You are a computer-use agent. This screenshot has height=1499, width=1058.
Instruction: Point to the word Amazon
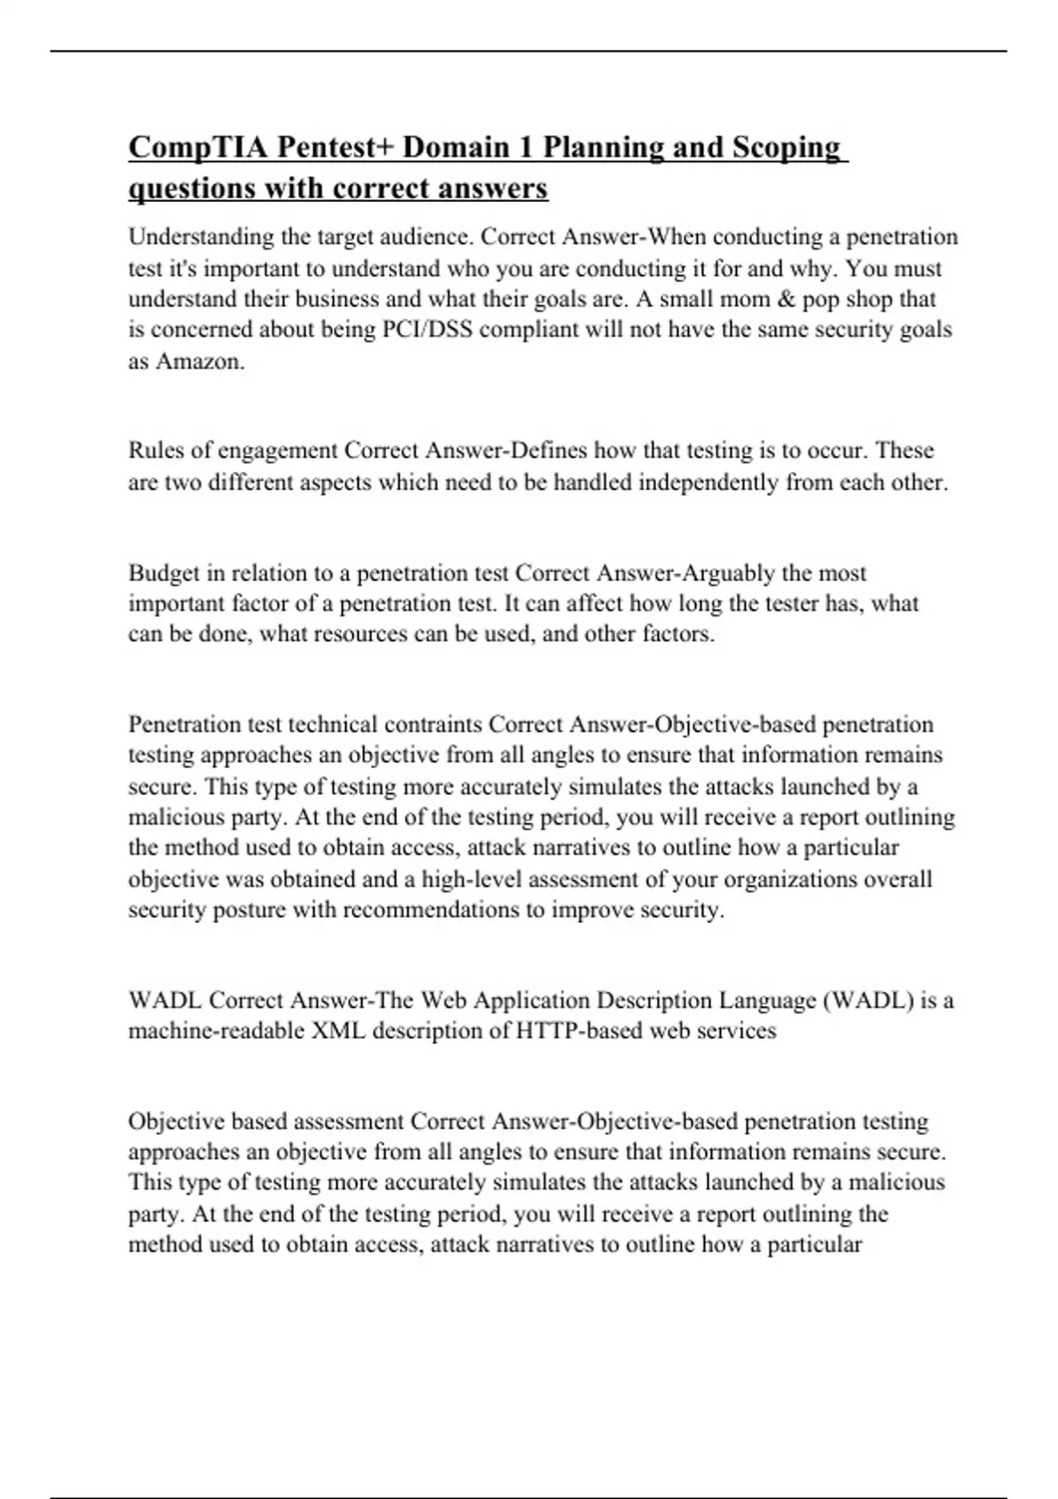click(x=199, y=362)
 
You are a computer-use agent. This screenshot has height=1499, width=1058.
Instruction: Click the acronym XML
click(x=339, y=1031)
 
